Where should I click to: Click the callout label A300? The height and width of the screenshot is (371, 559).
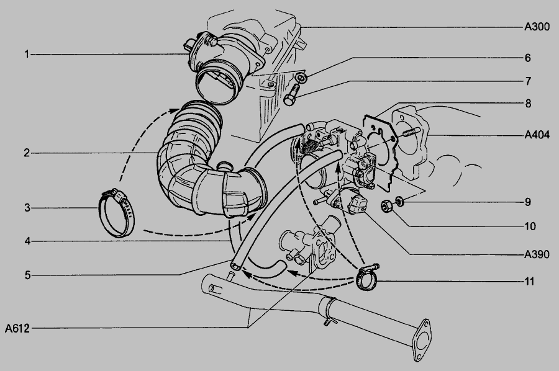click(x=537, y=27)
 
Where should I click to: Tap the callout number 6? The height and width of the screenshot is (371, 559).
click(x=527, y=58)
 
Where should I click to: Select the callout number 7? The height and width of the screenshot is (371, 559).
click(x=528, y=81)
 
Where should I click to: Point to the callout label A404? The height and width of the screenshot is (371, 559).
click(x=537, y=135)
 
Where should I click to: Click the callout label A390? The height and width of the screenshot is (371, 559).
click(x=537, y=254)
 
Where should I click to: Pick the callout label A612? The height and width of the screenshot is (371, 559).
click(x=17, y=328)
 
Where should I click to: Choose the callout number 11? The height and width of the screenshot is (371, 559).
click(x=529, y=281)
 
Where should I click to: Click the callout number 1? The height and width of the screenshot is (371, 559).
click(x=27, y=55)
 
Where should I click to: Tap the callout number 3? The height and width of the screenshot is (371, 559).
click(x=27, y=208)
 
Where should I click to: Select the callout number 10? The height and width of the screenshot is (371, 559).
click(x=530, y=226)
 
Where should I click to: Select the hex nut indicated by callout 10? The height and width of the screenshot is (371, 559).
click(x=386, y=206)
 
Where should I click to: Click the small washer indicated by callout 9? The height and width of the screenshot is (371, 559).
click(x=400, y=200)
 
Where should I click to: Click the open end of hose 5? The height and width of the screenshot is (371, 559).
click(x=235, y=266)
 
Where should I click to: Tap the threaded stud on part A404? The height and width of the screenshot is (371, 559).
click(x=411, y=133)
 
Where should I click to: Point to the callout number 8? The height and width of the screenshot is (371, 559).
click(x=528, y=104)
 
